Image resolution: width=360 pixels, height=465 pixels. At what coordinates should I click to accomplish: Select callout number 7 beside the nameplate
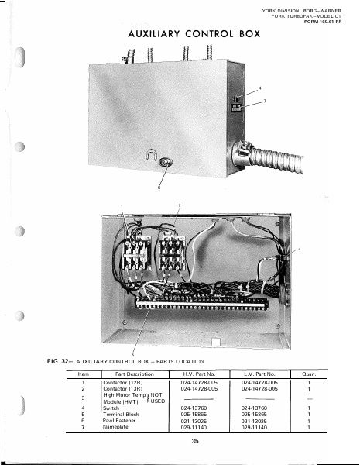[x=264, y=102]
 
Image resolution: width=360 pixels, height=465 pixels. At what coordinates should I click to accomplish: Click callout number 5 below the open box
[x=133, y=353]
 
